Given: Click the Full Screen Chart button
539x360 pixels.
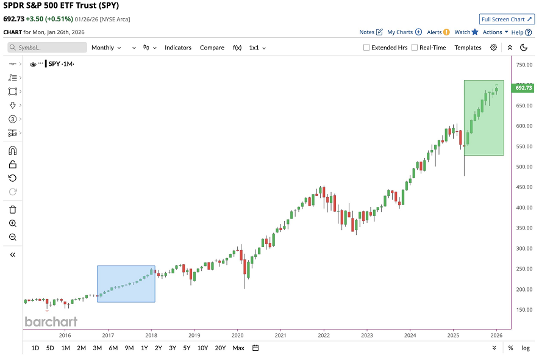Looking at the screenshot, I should (x=507, y=19).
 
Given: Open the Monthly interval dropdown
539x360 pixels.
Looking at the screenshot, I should (x=105, y=48).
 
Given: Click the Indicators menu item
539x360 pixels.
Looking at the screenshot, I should (x=177, y=48).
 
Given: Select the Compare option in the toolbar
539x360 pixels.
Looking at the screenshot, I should (x=212, y=48).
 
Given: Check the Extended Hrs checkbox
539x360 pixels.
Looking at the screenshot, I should (x=366, y=48).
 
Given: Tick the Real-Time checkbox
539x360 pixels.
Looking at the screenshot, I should (x=415, y=48).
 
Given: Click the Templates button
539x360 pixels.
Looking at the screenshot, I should (x=468, y=48).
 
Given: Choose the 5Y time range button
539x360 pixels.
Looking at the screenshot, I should (x=187, y=348).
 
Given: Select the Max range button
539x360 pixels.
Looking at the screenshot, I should (x=238, y=348).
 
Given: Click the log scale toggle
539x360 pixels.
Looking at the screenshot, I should (x=525, y=348).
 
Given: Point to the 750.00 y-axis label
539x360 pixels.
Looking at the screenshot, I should (x=524, y=65).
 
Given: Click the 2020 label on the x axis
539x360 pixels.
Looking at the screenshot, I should (x=237, y=335).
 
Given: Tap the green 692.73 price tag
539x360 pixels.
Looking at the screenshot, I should (x=524, y=88).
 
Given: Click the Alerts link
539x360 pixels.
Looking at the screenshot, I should (x=438, y=32).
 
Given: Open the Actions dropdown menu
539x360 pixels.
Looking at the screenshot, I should (x=495, y=32).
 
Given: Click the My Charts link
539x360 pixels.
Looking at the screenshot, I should (x=404, y=32).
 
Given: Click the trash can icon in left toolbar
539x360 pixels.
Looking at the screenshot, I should (x=13, y=209).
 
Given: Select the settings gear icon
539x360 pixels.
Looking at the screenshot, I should (x=493, y=48).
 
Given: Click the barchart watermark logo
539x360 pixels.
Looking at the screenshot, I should (x=51, y=322).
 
